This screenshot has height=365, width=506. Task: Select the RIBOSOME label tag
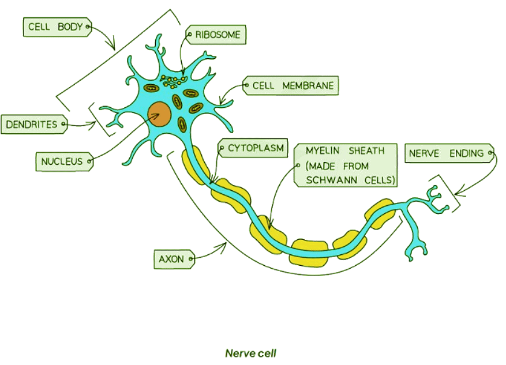216,35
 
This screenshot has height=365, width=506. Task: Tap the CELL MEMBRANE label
291,86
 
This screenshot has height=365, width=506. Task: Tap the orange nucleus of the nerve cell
159,114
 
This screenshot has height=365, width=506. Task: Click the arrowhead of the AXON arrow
224,246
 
